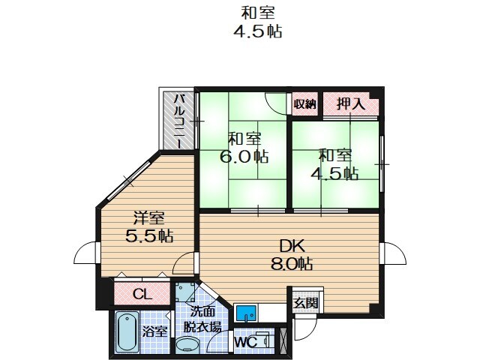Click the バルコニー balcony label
(x=181, y=119)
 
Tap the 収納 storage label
(x=305, y=104)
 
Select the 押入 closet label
(x=350, y=104)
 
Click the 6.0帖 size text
(x=244, y=157)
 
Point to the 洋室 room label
(x=149, y=218)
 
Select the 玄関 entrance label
(x=304, y=303)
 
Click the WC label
(x=245, y=341)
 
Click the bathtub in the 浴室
(x=125, y=332)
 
